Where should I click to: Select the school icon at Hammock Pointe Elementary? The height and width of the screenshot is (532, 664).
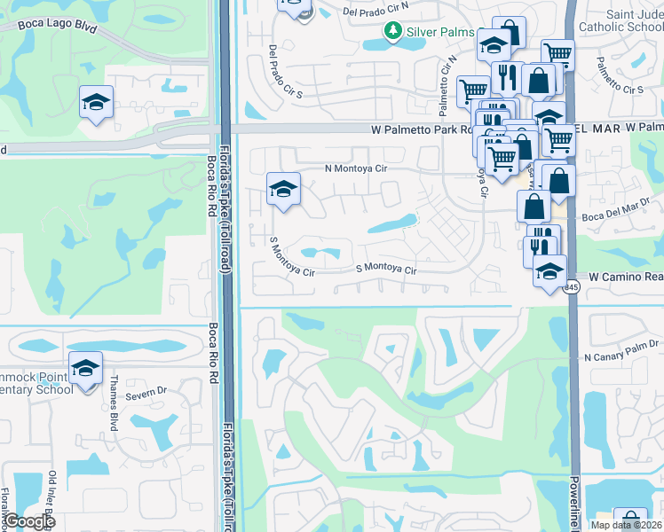tap(85, 368)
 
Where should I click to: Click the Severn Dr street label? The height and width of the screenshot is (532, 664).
tap(146, 392)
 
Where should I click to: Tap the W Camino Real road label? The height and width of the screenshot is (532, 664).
tap(621, 277)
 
